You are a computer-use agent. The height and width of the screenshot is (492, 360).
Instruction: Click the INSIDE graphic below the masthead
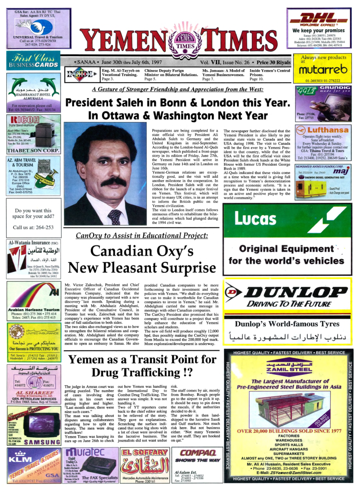(79, 74)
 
